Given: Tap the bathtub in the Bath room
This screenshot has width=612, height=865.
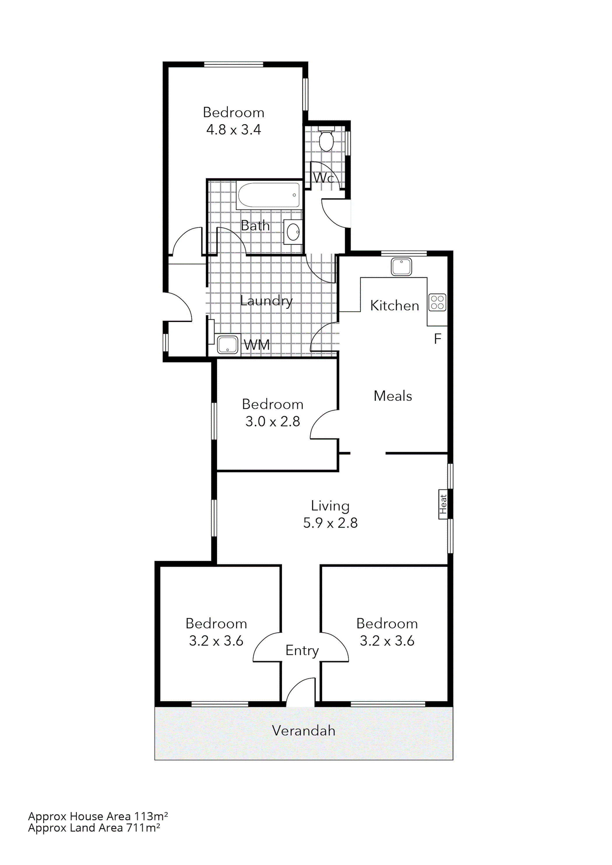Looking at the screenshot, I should pos(269,195).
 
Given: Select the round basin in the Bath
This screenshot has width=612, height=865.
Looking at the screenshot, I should pos(293,232).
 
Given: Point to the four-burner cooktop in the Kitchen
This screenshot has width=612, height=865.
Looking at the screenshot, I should pos(437,302).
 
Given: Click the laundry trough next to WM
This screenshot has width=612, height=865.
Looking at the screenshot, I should pos(228,344).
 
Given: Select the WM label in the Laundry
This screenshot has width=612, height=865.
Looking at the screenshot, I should pos(257,344).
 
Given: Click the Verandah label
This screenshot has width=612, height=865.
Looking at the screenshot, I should pos(303,730).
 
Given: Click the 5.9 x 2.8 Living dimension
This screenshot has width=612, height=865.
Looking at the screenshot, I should pos(330,523).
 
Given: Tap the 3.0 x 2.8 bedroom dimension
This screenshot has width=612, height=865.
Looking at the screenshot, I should pos(272,421).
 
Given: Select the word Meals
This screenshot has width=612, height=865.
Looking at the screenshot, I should pos(393,396).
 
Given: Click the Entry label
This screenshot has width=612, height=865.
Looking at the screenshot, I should pos(302,650).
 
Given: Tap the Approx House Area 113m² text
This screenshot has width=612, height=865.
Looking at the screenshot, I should pos(98,816).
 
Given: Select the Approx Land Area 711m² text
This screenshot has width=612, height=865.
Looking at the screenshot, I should pos(94,828).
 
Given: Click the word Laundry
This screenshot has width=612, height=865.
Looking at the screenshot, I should pos(266,301).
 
